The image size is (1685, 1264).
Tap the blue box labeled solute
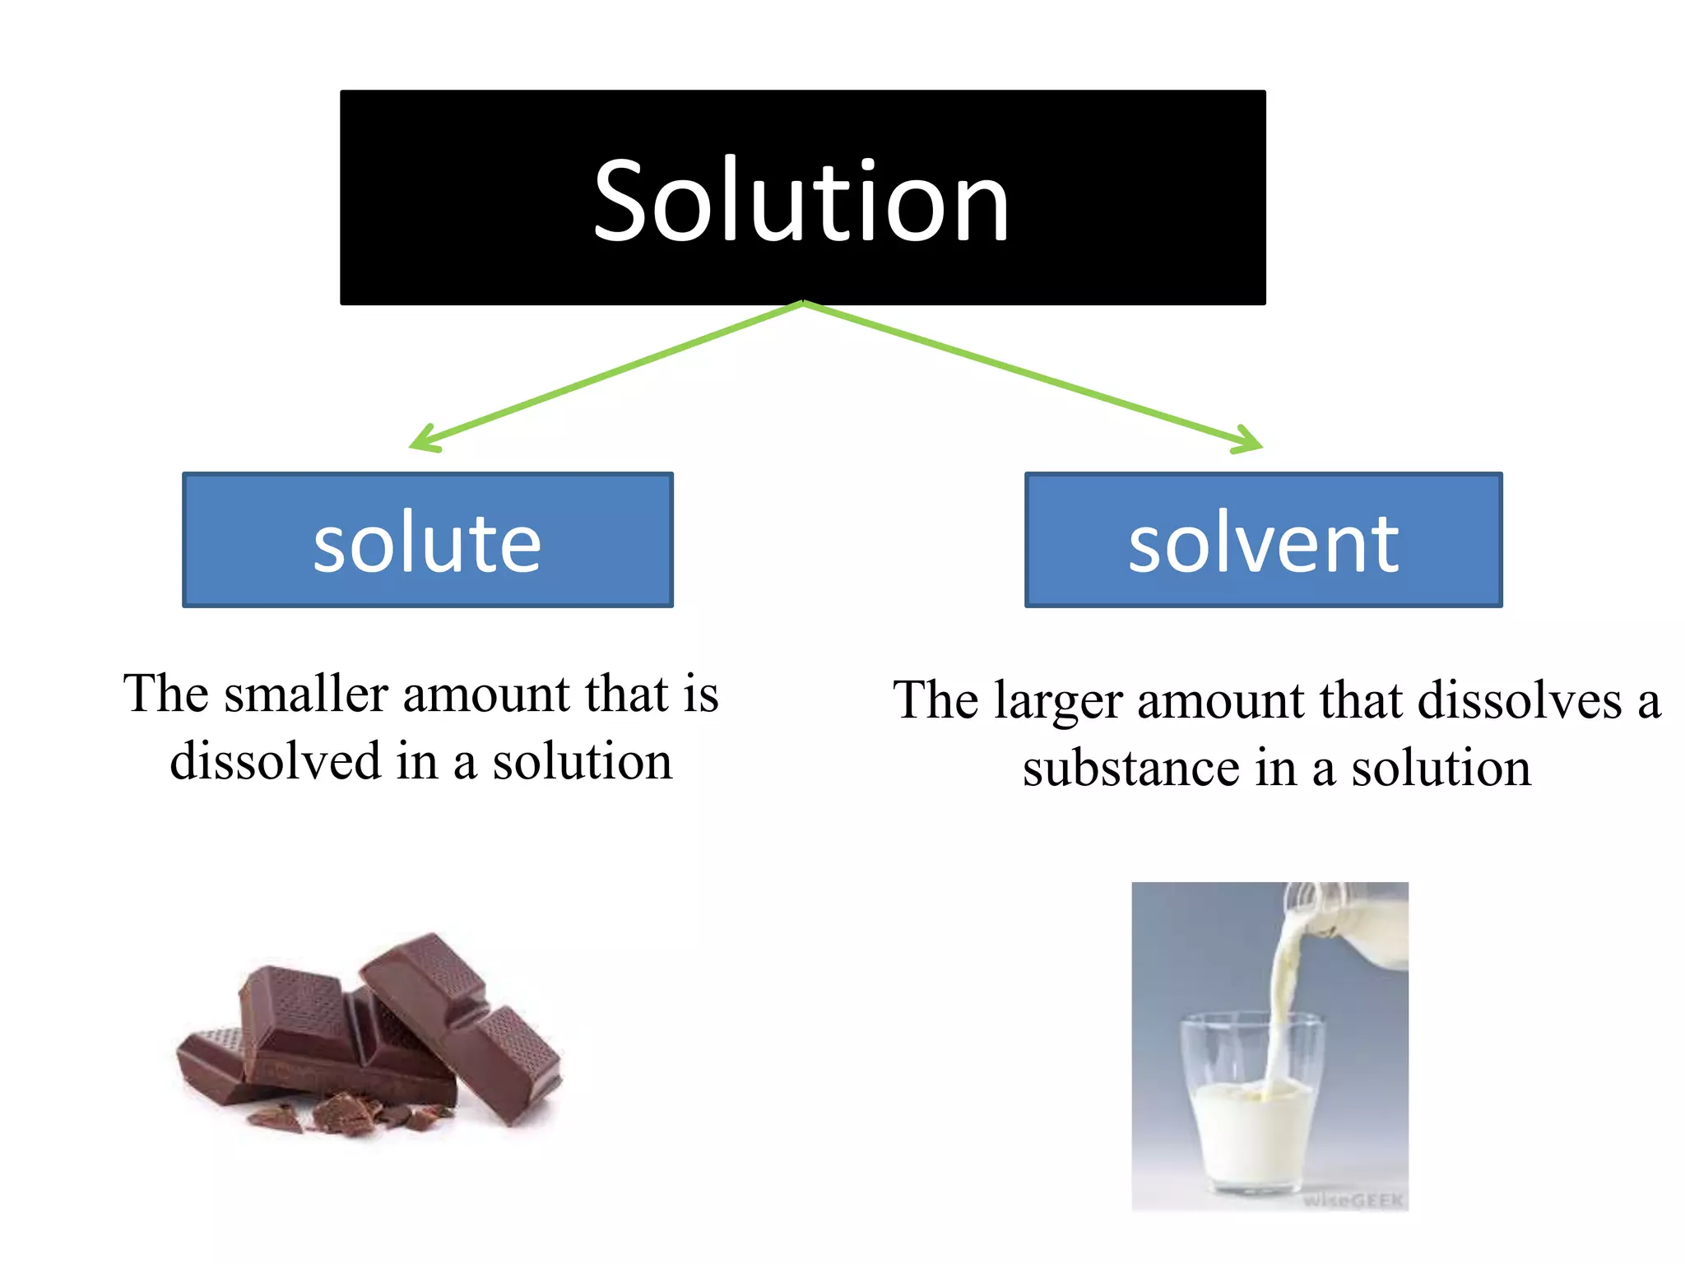[427, 541]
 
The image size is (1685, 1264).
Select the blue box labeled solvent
[1263, 541]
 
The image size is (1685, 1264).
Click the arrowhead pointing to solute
[423, 440]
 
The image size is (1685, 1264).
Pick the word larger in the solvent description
[1058, 702]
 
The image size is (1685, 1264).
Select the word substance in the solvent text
[1130, 769]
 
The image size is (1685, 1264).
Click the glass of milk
[1251, 1127]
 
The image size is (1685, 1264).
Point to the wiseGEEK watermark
[1353, 1200]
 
